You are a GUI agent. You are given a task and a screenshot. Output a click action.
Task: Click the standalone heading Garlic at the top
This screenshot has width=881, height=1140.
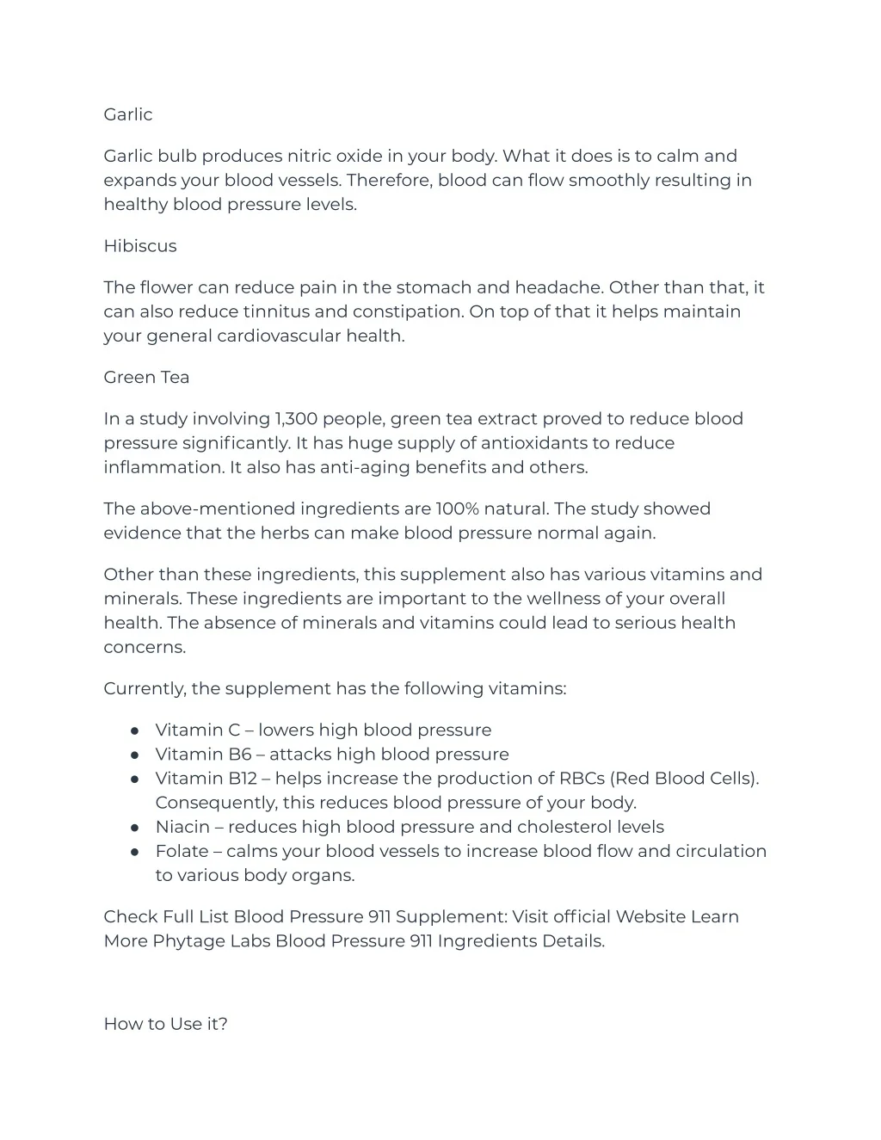[127, 114]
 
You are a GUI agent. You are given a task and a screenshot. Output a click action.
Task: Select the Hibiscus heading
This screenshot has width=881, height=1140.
[139, 246]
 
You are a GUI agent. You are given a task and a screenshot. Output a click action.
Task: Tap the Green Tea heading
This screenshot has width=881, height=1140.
[146, 377]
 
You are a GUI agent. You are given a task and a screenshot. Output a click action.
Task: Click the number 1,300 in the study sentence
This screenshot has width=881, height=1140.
[295, 419]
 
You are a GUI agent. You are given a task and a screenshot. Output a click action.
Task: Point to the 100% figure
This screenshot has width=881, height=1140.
[456, 508]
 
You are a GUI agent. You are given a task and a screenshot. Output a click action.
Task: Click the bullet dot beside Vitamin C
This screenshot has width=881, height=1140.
[135, 730]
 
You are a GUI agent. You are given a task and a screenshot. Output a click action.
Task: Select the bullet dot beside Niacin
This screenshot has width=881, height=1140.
[135, 827]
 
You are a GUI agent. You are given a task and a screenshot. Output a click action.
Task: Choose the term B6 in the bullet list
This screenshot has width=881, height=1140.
[239, 755]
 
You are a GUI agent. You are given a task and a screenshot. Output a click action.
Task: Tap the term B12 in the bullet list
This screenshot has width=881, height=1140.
[243, 779]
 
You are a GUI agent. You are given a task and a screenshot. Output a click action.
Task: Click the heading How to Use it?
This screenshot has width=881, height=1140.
[165, 1024]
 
